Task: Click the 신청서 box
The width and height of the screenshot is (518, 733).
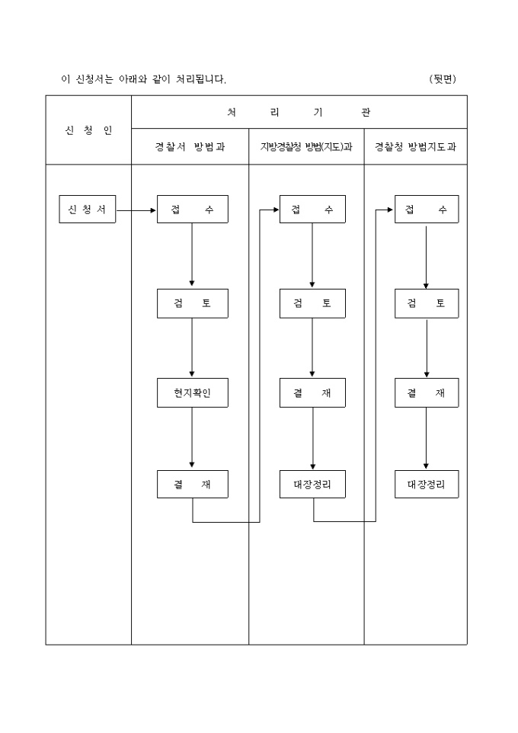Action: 88,210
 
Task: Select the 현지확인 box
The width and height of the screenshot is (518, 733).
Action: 192,392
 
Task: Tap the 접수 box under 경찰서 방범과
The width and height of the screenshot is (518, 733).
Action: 192,210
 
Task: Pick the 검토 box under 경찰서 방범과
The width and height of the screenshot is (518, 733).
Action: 192,303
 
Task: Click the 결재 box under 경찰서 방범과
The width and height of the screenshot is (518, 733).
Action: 192,485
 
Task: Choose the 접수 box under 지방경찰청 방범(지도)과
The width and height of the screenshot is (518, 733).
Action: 312,210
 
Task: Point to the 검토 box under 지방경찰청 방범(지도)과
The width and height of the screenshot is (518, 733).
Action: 312,303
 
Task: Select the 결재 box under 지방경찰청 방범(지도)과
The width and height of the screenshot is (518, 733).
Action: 312,392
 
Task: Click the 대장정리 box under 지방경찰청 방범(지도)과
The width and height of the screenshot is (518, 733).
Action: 312,485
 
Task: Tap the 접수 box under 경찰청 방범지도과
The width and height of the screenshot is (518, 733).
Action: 427,210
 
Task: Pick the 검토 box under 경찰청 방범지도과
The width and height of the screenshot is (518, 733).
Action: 427,303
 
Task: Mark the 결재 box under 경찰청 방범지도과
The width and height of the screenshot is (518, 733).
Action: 427,392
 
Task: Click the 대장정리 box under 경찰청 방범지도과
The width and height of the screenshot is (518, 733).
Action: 427,485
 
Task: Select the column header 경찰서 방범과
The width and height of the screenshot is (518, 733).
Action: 190,147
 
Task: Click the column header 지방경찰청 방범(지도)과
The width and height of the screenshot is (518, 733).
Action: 306,147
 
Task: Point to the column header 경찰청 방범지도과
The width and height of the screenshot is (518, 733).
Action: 415,147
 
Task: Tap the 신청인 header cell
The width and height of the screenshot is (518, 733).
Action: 88,130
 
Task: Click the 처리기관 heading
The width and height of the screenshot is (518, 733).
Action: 299,112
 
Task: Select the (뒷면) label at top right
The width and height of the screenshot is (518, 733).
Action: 443,79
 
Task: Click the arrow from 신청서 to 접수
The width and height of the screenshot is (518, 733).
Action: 136,210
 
